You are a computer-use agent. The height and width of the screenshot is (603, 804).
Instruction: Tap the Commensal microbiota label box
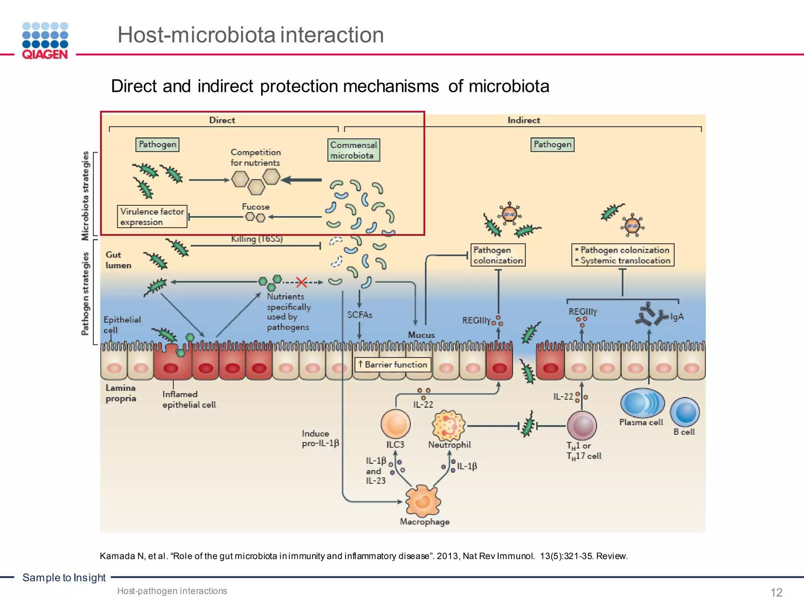pyautogui.click(x=354, y=150)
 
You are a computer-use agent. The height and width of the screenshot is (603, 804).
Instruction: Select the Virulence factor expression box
pyautogui.click(x=152, y=217)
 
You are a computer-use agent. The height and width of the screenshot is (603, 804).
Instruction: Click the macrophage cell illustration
pyautogui.click(x=423, y=501)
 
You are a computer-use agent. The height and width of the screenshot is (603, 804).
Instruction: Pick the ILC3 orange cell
pyautogui.click(x=395, y=424)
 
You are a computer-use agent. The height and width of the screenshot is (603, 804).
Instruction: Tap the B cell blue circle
pyautogui.click(x=685, y=412)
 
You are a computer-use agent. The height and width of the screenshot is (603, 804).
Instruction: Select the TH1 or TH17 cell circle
pyautogui.click(x=582, y=426)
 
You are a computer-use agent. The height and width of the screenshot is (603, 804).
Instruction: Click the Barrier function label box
pyautogui.click(x=393, y=365)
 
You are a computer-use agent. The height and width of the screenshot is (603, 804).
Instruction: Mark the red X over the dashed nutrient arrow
pyautogui.click(x=301, y=282)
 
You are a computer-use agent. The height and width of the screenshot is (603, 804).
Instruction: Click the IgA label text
pyautogui.click(x=677, y=316)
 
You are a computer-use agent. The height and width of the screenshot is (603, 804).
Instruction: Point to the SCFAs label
pyautogui.click(x=359, y=315)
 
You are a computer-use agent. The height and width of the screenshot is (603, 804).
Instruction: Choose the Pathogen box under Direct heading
pyautogui.click(x=157, y=144)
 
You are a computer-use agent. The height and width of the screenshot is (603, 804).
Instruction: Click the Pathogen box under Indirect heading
pyautogui.click(x=552, y=144)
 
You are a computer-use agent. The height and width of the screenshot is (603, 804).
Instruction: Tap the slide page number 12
pyautogui.click(x=776, y=592)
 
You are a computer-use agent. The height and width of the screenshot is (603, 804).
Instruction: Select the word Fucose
pyautogui.click(x=256, y=207)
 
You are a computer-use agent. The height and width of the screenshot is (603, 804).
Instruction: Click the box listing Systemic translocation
pyautogui.click(x=623, y=255)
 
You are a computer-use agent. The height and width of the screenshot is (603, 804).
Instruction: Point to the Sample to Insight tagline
pyautogui.click(x=64, y=577)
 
